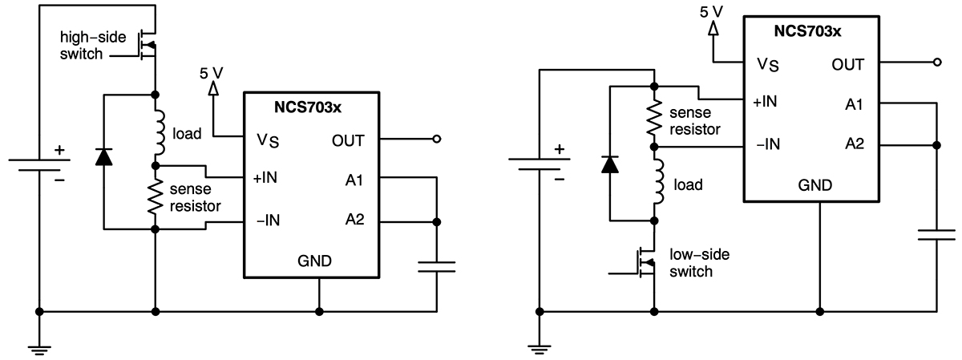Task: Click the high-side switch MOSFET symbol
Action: (147, 46)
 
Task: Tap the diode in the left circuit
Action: (103, 156)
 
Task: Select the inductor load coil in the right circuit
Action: (659, 183)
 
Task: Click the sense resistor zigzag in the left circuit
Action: (154, 196)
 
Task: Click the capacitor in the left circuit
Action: (437, 266)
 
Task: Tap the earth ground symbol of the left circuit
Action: (38, 347)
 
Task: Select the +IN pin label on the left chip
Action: (266, 177)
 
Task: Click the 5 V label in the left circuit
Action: (212, 72)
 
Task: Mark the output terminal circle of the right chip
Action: (936, 62)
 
